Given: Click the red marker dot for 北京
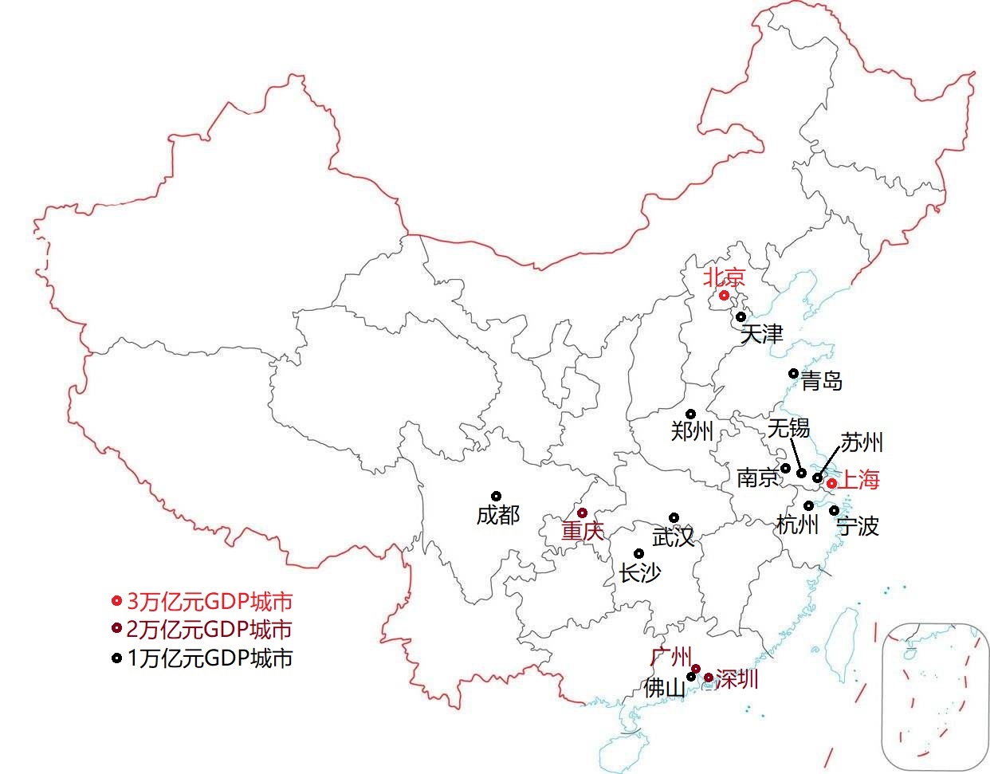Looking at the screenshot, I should (724, 296).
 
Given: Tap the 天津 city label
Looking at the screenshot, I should (761, 334).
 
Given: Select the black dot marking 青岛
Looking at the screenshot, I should (793, 373).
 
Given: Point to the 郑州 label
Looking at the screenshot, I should (692, 431).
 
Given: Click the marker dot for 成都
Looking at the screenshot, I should (496, 496).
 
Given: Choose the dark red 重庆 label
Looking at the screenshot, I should (583, 531).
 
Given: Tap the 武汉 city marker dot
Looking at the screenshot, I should (674, 517).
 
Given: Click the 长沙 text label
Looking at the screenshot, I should (640, 572).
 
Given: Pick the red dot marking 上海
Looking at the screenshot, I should (831, 483).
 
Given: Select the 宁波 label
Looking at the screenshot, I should (857, 526).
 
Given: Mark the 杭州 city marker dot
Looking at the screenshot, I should (808, 505).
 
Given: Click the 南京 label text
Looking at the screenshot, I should (757, 477).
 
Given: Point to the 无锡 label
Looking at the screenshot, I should (788, 429).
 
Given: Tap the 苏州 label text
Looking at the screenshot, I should (862, 442).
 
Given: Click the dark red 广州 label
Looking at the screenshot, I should (670, 657).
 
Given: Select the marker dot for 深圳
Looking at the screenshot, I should (708, 678).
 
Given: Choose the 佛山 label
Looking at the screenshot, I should (664, 688).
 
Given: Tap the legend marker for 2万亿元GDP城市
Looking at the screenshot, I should (116, 630).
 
